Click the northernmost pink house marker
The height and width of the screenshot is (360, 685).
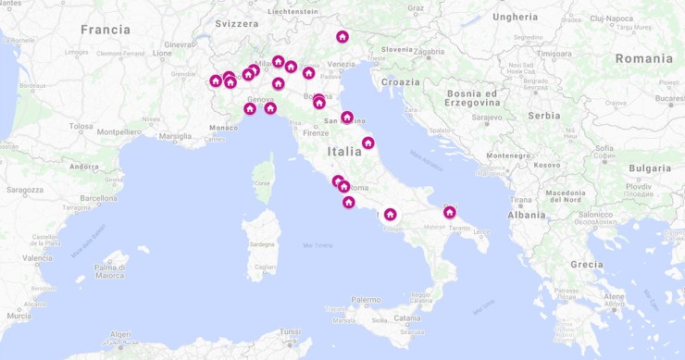coord(342,37)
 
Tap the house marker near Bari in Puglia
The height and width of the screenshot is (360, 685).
coord(450,212)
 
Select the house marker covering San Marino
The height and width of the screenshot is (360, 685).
coord(347,118)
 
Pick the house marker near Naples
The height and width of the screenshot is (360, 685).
coord(391,215)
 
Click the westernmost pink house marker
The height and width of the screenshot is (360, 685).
coord(216,81)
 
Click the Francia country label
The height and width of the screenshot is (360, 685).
coord(106,30)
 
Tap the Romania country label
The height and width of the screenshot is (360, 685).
coord(643,58)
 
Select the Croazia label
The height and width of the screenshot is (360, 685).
coord(400,82)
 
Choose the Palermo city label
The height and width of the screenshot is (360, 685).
coord(366,300)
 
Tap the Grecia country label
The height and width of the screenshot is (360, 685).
coord(586,264)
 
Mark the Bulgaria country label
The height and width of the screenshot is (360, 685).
coord(649,168)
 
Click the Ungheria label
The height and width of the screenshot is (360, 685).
coord(516,17)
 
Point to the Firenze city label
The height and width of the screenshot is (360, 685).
coord(316,132)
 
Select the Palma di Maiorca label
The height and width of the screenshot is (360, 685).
coord(109,271)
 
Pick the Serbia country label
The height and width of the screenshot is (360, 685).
coord(544,116)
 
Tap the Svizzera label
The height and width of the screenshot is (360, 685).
coord(236,23)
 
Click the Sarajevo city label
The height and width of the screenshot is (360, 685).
coord(486,118)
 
